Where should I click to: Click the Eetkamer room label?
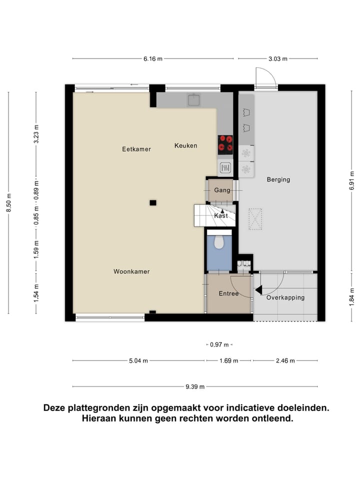click(136, 149)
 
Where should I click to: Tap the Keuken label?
click(185, 145)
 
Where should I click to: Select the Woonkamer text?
click(131, 271)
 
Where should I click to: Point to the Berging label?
click(278, 179)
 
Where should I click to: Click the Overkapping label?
click(285, 297)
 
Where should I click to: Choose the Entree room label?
click(228, 293)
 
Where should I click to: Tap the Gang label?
click(222, 190)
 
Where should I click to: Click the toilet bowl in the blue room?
click(218, 242)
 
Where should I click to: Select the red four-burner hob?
click(225, 143)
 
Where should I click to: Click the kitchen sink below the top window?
click(194, 100)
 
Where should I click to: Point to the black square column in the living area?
click(153, 202)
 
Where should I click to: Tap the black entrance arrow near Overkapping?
click(258, 290)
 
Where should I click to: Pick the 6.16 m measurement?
click(153, 59)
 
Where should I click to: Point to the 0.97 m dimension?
click(219, 344)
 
